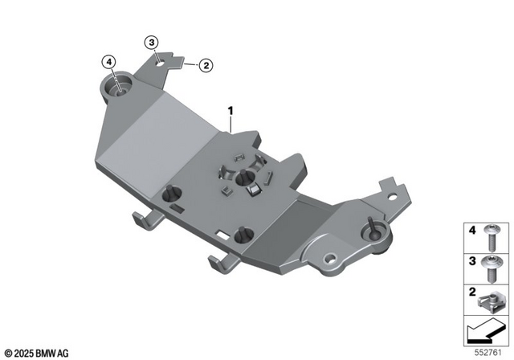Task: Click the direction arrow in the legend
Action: coord(486,330)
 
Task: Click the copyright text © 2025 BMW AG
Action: coord(37,352)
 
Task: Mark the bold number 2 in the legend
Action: coord(472,291)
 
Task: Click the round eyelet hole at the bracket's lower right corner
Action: coord(328,261)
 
